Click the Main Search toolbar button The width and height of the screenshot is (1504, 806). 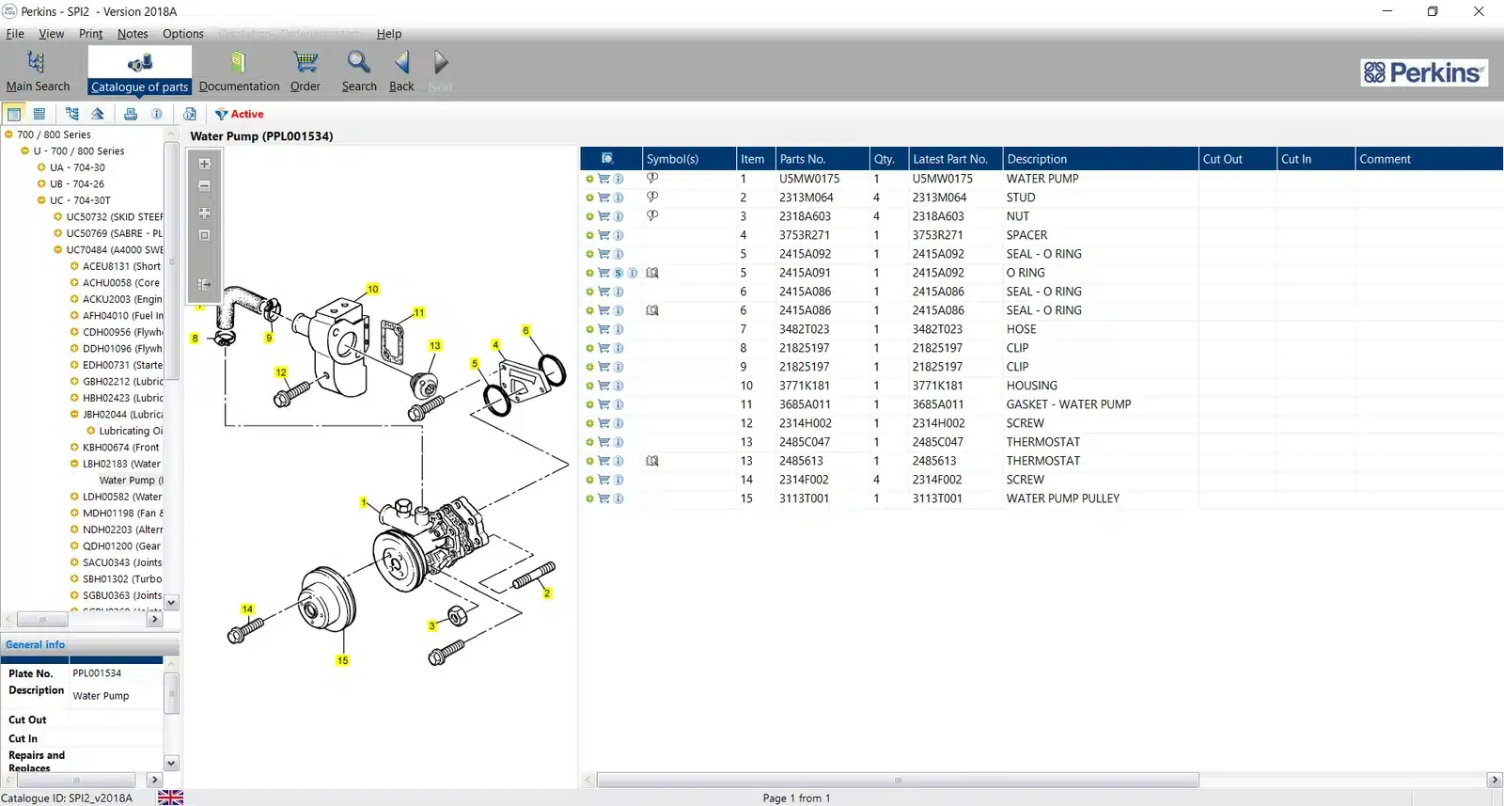click(x=38, y=71)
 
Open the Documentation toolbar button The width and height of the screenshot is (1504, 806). click(x=239, y=71)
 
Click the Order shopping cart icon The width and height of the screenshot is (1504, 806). click(x=305, y=63)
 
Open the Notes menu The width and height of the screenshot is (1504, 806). click(x=133, y=34)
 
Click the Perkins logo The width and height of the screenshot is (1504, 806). click(x=1424, y=72)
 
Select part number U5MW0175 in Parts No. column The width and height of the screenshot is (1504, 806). click(x=808, y=179)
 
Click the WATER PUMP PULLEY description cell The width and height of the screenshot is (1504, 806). click(x=1062, y=498)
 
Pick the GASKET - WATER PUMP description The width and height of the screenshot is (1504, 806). click(x=1068, y=404)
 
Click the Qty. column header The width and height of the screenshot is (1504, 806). click(x=885, y=159)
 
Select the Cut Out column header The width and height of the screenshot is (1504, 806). click(x=1222, y=159)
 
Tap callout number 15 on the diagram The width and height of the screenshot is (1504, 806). click(x=342, y=660)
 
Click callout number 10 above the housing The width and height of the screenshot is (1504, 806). click(x=373, y=289)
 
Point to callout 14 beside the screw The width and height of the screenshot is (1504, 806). click(x=247, y=609)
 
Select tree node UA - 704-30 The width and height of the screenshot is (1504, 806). click(x=77, y=167)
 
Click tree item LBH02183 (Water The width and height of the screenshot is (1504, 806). click(x=121, y=464)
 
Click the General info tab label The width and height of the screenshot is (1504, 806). click(x=36, y=644)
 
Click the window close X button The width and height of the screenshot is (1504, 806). click(x=1479, y=11)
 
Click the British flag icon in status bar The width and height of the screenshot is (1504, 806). click(x=170, y=798)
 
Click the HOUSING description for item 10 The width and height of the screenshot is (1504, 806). click(x=1031, y=386)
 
